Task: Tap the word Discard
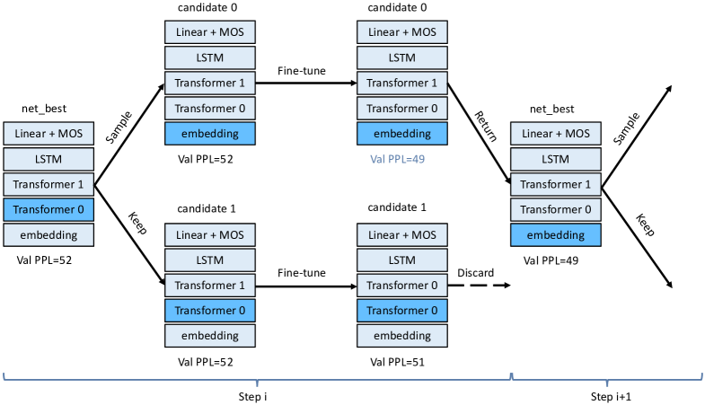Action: (476, 272)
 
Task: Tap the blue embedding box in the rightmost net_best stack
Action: (556, 235)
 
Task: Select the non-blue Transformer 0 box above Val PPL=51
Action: (401, 286)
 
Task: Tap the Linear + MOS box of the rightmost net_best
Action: (556, 134)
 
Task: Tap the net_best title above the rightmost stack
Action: (551, 109)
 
